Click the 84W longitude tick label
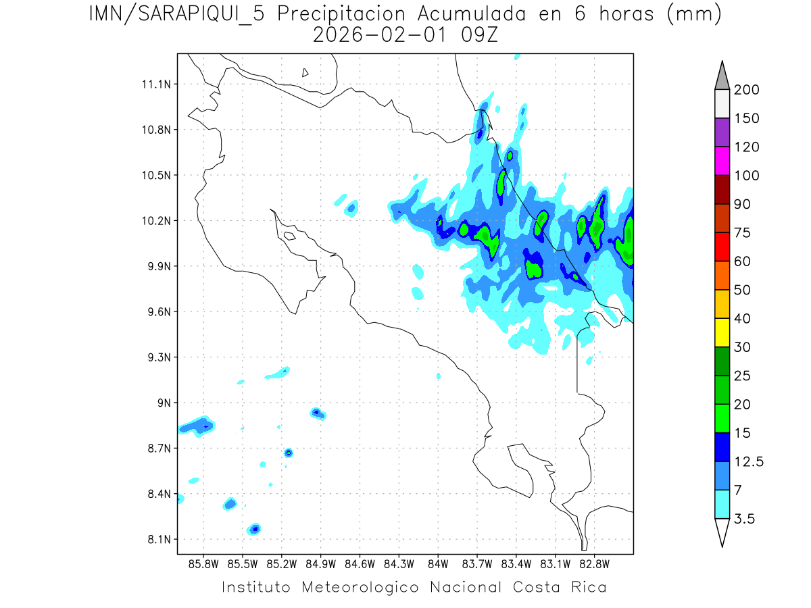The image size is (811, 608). tap(438, 563)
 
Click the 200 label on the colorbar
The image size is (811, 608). tap(746, 90)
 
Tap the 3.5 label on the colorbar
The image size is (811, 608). tap(745, 519)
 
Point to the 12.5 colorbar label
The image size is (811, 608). tap(749, 462)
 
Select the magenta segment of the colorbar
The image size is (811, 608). tap(722, 161)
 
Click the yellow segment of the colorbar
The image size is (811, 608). tap(722, 332)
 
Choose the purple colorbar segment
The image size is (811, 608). tap(722, 132)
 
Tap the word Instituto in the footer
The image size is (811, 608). tap(256, 587)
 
